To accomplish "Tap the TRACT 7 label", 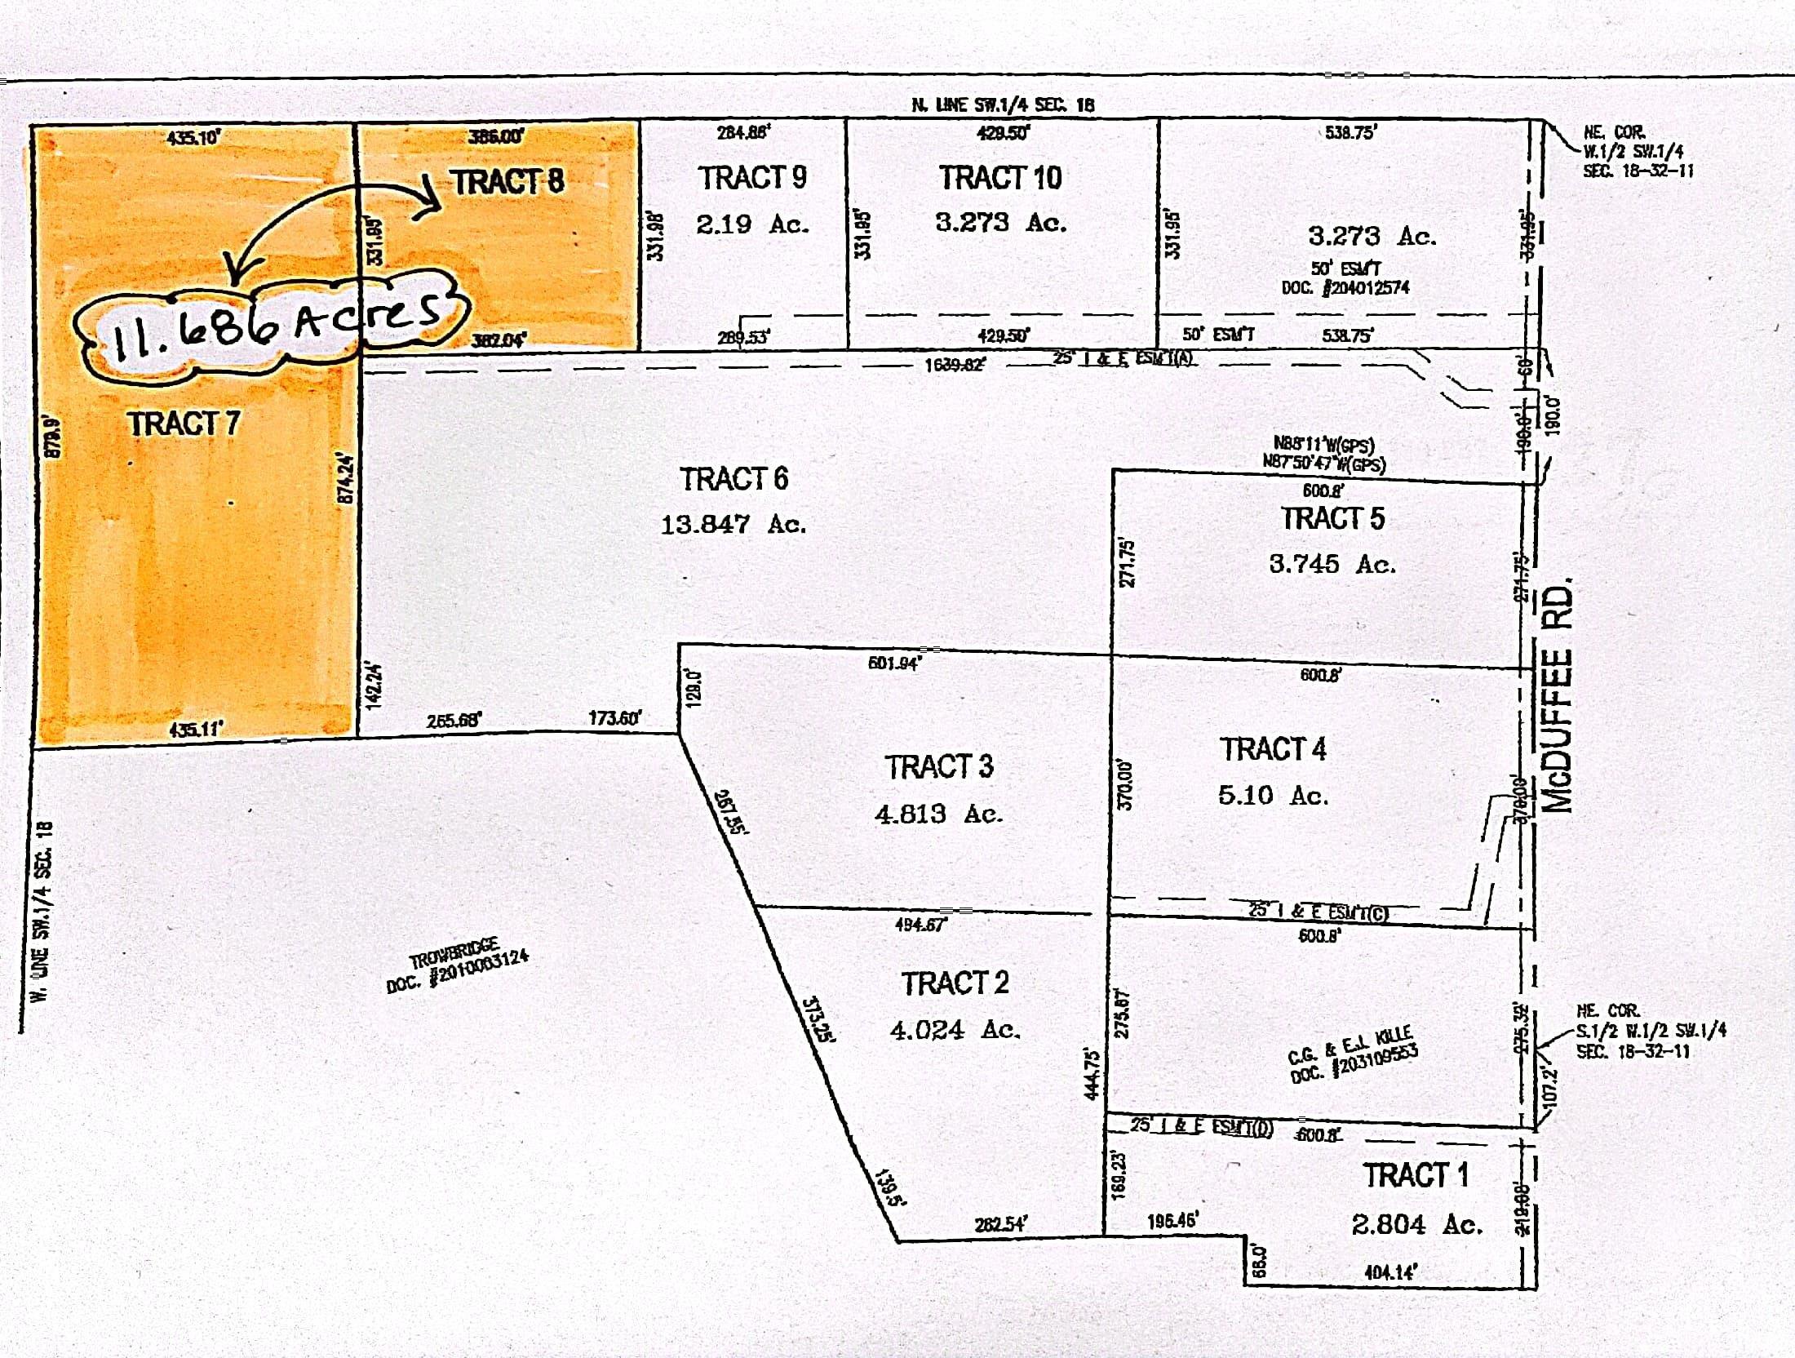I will [184, 424].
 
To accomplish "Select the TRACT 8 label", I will [507, 181].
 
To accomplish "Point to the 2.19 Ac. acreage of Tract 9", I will [751, 224].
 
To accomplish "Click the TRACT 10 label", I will [999, 177].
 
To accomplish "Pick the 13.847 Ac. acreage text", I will [733, 523].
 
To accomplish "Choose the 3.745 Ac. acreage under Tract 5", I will [1332, 564].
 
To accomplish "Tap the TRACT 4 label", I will [1273, 749].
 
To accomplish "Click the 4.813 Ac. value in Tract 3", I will [938, 814].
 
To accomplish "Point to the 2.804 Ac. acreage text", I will [1416, 1224].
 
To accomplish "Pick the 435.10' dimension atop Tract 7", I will [193, 137].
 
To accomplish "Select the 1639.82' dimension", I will [953, 365].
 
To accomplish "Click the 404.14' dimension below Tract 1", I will [1389, 1271].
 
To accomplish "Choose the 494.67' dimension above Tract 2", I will [920, 925].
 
